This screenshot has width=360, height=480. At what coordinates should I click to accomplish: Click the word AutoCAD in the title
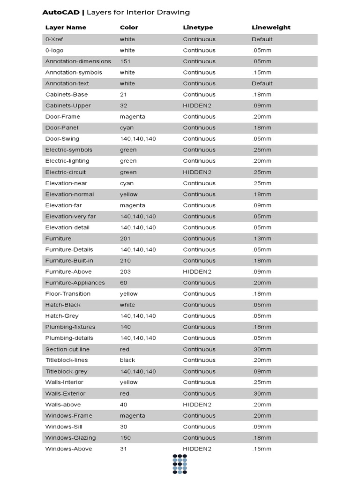[x=61, y=12]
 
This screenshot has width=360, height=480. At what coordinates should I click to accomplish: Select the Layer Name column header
[x=66, y=28]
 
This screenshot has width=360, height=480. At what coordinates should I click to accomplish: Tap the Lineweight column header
[x=271, y=28]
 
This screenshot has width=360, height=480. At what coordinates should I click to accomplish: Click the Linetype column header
[x=198, y=28]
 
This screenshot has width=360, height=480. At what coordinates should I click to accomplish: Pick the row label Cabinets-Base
[x=67, y=95]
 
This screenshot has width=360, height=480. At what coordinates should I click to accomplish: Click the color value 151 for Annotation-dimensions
[x=125, y=61]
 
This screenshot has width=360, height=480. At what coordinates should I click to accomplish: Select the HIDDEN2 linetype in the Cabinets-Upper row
[x=197, y=105]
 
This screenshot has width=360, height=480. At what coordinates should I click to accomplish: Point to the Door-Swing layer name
[x=62, y=139]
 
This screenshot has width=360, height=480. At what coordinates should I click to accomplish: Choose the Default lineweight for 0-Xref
[x=262, y=39]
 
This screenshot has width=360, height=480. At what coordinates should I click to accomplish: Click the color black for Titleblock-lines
[x=127, y=360]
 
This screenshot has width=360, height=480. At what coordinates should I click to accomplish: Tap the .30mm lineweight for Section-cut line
[x=262, y=349]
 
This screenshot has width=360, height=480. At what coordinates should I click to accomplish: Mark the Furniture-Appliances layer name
[x=75, y=283]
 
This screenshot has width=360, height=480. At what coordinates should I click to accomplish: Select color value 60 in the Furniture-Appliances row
[x=124, y=283]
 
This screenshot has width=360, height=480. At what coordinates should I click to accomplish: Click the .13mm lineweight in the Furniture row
[x=262, y=239]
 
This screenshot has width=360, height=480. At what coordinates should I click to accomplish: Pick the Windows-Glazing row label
[x=70, y=438]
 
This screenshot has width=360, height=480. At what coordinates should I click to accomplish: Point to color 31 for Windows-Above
[x=123, y=449]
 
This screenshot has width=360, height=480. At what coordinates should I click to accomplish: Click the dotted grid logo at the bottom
[x=180, y=464]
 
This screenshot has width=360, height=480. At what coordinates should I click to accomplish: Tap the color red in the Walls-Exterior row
[x=125, y=393]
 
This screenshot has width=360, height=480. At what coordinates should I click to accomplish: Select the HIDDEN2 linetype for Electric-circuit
[x=197, y=172]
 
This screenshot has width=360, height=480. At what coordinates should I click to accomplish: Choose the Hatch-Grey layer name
[x=62, y=316]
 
